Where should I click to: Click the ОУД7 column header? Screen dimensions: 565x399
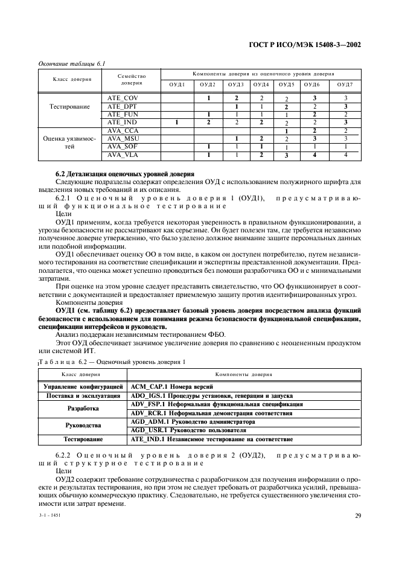pyautogui.click(x=345, y=85)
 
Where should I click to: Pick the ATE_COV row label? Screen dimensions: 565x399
pyautogui.click(x=123, y=98)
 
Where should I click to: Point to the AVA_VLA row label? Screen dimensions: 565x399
pyautogui.click(x=123, y=155)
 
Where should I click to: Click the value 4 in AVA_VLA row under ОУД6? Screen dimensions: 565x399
pyautogui.click(x=314, y=155)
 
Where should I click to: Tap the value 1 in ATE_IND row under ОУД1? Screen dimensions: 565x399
pyautogui.click(x=176, y=123)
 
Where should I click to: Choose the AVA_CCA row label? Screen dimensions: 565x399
pyautogui.click(x=123, y=130)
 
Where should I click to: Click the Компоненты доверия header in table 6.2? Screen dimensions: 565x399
pyautogui.click(x=244, y=374)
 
